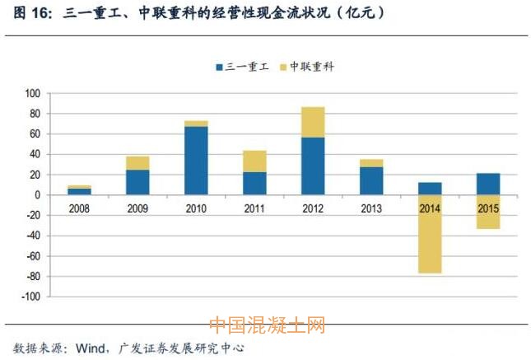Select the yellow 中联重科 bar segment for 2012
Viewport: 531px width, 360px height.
(313, 122)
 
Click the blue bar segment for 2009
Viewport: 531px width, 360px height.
(137, 182)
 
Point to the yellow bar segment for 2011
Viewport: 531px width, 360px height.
(254, 161)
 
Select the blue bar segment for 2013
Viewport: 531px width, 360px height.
(371, 180)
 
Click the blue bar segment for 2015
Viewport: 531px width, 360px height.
(488, 184)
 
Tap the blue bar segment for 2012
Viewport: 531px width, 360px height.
(313, 166)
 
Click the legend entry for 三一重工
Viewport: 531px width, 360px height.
(243, 67)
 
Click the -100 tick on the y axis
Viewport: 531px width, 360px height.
(31, 297)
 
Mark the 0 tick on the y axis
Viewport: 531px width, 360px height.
(38, 195)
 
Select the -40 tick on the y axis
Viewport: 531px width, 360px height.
(33, 236)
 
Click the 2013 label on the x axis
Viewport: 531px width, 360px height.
(371, 209)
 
